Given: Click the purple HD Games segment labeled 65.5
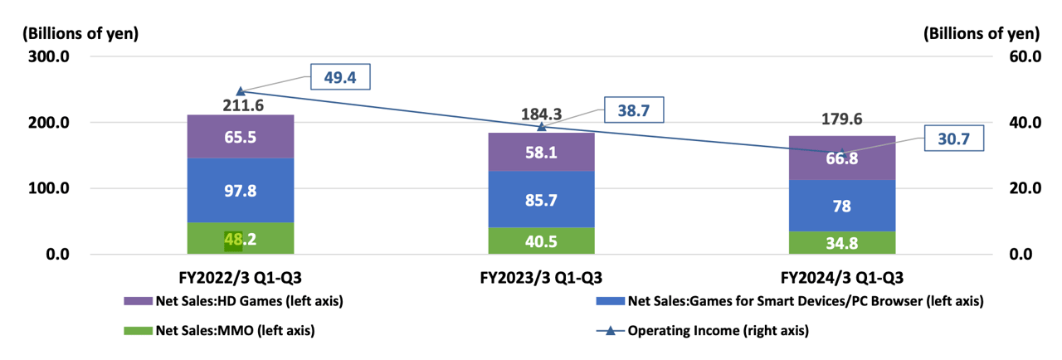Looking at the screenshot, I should (x=240, y=137).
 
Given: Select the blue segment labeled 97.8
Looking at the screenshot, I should (x=240, y=190).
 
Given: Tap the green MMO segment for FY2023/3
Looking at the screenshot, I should (x=541, y=241).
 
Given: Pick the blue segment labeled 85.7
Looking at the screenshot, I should (x=541, y=199).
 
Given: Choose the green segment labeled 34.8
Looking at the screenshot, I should (x=842, y=242).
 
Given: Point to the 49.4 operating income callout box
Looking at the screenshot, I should (x=339, y=77).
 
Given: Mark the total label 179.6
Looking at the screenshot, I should (x=842, y=119).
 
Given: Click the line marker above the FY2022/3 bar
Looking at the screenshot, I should (x=240, y=91).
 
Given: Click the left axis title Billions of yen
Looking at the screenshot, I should (x=80, y=34).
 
